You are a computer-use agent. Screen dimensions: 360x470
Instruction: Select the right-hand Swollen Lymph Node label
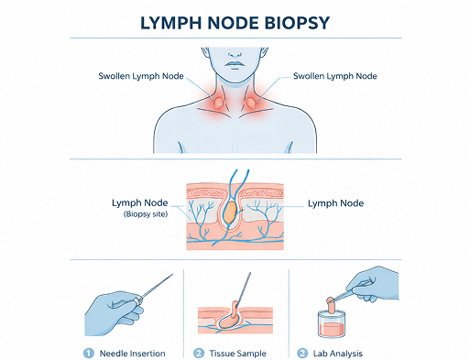(x=333, y=76)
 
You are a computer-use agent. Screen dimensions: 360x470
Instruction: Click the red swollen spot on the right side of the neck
(x=252, y=103)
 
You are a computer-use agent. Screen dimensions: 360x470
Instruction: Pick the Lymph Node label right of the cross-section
(x=335, y=202)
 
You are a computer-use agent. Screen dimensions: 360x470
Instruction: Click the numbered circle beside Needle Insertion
(x=90, y=353)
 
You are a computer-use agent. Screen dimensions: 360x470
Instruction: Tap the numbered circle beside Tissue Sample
(x=198, y=353)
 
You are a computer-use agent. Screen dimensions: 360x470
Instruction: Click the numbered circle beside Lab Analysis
(x=303, y=353)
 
